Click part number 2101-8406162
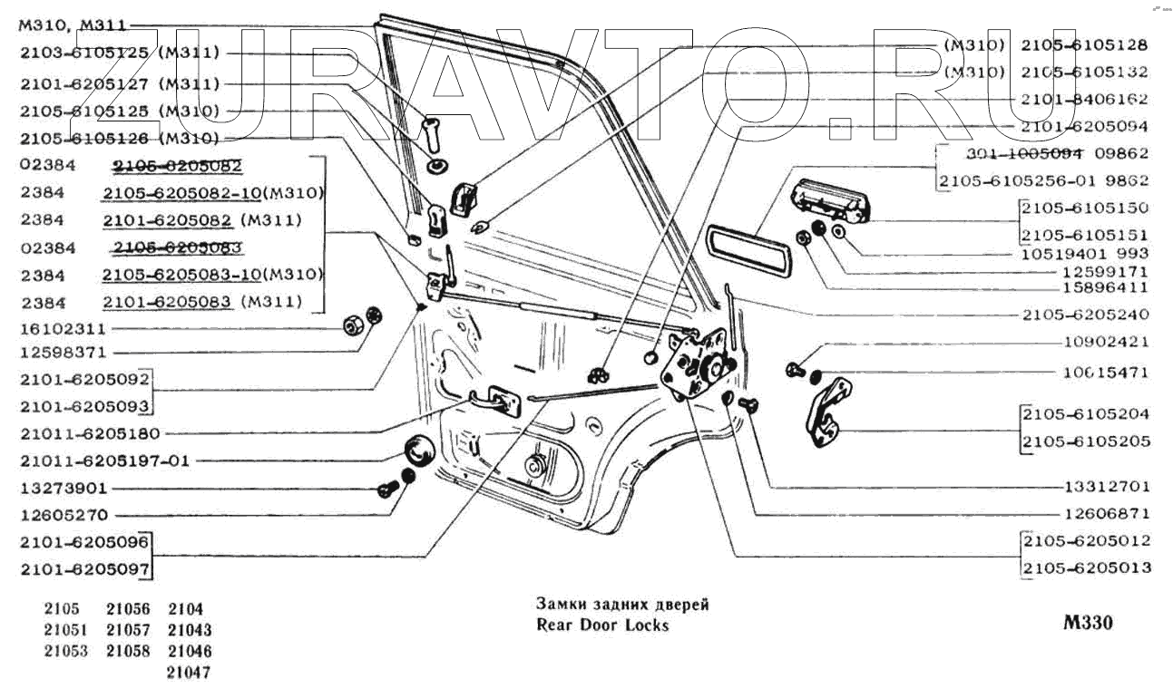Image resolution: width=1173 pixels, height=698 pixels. pos(1084,99)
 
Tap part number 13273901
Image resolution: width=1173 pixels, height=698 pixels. pos(63,488)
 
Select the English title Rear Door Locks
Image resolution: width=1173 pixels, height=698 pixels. pos(602,625)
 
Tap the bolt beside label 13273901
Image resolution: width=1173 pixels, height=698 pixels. pos(386,490)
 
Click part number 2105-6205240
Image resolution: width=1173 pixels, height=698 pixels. pos(1084,315)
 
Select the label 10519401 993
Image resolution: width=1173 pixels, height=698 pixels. pos(1084,253)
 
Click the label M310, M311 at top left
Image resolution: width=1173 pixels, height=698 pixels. pos(72,25)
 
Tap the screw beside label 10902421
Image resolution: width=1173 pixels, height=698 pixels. pos(794,369)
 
